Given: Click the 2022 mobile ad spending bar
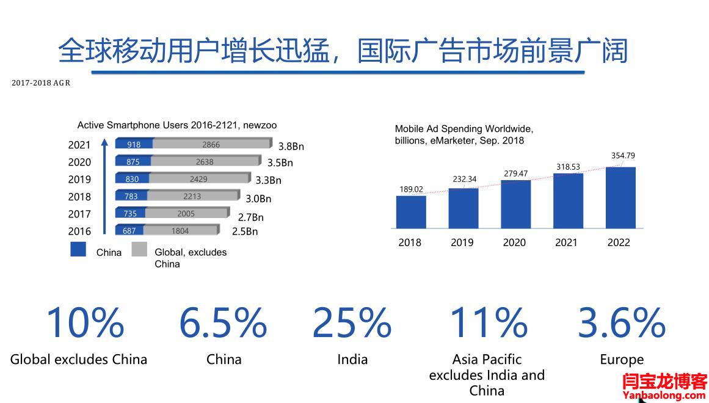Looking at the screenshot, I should point(620,197).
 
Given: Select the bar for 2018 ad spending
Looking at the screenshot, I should point(411,211).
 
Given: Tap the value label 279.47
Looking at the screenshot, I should point(516,174).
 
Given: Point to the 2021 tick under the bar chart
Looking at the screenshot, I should point(566,242).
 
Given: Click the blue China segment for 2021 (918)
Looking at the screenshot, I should point(134,145).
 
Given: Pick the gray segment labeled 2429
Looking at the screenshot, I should point(198,179).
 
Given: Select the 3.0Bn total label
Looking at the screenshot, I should point(258,198).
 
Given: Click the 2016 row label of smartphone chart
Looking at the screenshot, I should point(79,231).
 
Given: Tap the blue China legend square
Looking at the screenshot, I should point(78,249).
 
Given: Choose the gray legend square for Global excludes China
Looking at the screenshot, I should point(139,249).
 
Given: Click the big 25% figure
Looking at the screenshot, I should point(352,322).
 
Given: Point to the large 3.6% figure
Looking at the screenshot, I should point(622,322).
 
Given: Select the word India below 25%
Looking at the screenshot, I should point(352,359).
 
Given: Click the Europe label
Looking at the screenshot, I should point(622,360).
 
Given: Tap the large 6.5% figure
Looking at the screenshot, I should point(223,322).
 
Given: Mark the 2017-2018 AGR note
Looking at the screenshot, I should point(41,83).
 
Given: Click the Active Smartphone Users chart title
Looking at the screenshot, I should point(177,125).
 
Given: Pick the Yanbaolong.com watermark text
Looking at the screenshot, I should point(664,395).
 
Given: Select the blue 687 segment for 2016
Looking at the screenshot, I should point(129,231).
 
